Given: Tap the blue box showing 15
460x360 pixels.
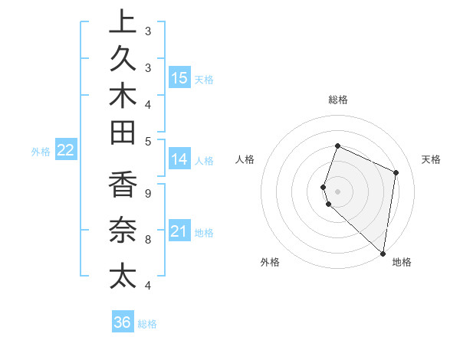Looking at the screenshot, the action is tap(179, 77).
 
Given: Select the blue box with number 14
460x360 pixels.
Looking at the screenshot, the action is tap(179, 159).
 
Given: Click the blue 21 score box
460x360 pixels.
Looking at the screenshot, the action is tap(179, 231).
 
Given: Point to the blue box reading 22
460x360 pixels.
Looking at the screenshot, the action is tap(65, 150).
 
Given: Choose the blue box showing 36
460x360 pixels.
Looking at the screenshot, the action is tap(123, 322).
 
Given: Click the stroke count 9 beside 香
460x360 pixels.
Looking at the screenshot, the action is tap(147, 194).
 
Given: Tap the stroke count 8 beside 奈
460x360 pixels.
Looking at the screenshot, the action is tap(147, 240).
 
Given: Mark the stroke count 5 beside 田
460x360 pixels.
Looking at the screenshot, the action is tap(147, 141).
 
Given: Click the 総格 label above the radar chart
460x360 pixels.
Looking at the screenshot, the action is tap(337, 100).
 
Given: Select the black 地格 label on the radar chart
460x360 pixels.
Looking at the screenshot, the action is tap(402, 262).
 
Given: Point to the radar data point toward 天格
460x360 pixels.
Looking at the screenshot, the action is tap(396, 172).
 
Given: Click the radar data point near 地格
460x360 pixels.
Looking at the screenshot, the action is tap(383, 254).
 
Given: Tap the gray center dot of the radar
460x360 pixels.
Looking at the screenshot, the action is tap(337, 191).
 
